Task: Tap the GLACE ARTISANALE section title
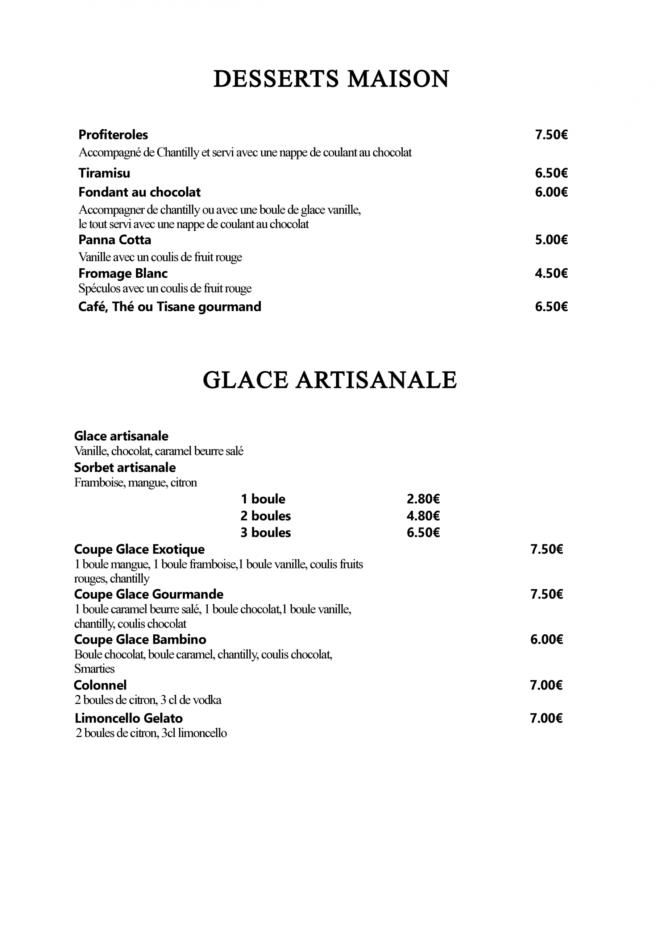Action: click(329, 380)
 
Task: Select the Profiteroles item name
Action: click(113, 134)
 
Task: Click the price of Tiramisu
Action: click(551, 173)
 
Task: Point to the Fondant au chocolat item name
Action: click(140, 192)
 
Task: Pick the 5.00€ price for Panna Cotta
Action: click(551, 240)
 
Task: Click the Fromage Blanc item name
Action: click(123, 273)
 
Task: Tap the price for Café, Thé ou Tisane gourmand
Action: click(551, 306)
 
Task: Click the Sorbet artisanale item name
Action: click(125, 467)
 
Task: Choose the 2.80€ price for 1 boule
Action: click(423, 499)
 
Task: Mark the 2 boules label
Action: click(266, 516)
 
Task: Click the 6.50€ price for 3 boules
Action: click(423, 532)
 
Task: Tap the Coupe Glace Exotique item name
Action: click(139, 549)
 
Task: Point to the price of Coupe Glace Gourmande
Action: click(547, 594)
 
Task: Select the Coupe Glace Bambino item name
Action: click(140, 639)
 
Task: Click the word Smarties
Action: click(94, 668)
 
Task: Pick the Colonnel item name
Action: click(100, 685)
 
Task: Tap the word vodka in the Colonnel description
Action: click(207, 700)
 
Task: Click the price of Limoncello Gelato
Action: click(546, 718)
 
